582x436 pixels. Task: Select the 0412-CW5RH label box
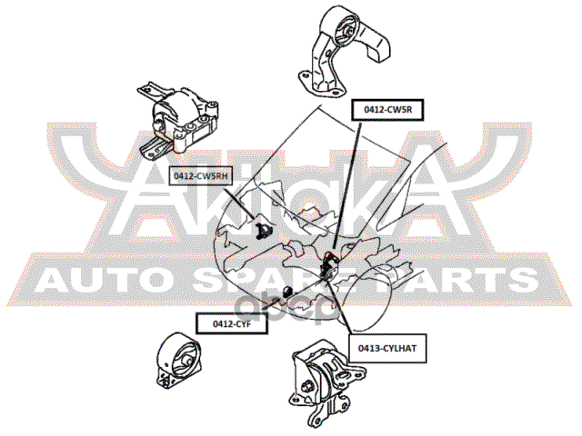203,175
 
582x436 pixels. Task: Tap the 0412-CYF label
232,323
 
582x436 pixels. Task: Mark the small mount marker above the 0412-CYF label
285,292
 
